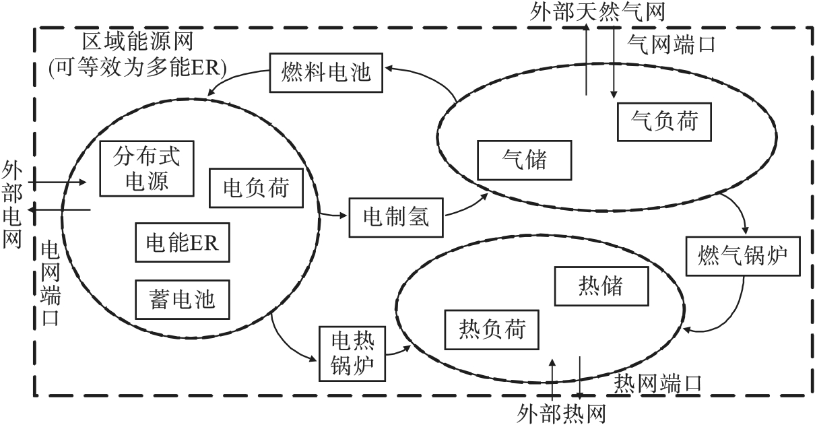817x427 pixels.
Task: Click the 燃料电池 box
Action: (x=327, y=71)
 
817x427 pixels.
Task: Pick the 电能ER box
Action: (x=183, y=242)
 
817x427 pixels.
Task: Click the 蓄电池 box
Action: (x=183, y=298)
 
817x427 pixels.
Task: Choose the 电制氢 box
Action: (x=397, y=218)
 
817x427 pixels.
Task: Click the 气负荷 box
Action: (x=664, y=121)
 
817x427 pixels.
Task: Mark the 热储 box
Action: (x=601, y=286)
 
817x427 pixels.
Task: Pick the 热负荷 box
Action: (x=492, y=330)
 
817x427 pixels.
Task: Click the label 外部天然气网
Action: (x=589, y=12)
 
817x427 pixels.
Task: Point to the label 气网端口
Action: (x=671, y=45)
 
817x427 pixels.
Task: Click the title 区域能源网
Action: (x=139, y=43)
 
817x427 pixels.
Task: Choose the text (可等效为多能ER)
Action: (x=137, y=68)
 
